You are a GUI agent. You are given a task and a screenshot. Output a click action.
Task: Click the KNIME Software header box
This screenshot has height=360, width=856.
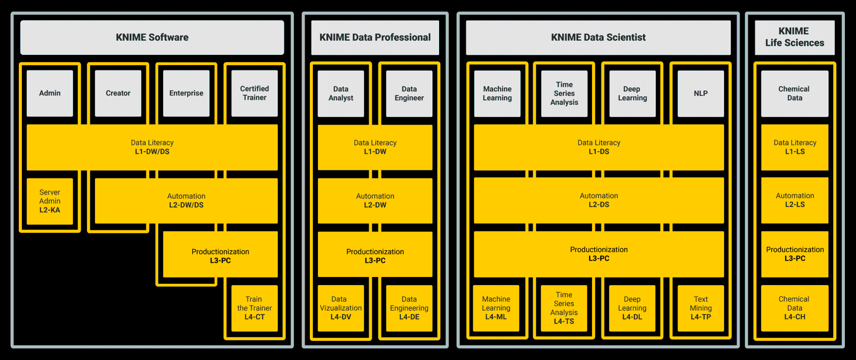tap(152, 37)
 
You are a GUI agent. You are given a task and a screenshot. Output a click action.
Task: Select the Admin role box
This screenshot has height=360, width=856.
tap(50, 93)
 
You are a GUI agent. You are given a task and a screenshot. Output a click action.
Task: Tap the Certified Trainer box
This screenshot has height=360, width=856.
tap(255, 93)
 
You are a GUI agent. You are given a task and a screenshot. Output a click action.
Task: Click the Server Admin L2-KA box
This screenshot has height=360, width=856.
tap(50, 201)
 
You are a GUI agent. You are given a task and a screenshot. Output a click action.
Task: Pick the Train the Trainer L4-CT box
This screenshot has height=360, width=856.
tap(255, 308)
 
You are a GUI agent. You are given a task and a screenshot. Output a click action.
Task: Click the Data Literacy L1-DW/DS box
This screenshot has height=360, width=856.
tap(152, 147)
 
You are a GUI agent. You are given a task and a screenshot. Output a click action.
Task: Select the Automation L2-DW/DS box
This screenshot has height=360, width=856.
tap(186, 201)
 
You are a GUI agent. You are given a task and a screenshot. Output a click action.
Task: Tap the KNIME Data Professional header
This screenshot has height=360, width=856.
tap(375, 38)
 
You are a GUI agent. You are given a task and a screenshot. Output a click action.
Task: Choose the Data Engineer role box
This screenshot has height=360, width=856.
tap(409, 93)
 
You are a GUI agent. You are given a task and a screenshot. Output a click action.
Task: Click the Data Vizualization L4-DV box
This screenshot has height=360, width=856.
tap(341, 308)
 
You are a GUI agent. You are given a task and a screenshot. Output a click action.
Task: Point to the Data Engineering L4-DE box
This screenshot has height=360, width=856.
tap(409, 308)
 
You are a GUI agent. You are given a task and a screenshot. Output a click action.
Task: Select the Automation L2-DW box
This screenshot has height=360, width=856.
tap(375, 201)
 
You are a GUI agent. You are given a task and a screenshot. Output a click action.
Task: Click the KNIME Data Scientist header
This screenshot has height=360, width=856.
tap(598, 38)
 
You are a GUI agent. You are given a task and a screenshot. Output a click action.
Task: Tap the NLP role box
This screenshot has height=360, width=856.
tap(701, 93)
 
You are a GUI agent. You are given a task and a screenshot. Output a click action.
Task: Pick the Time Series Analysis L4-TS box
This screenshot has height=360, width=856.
tap(564, 308)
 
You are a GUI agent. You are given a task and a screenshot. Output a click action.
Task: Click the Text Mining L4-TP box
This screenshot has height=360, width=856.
tap(701, 308)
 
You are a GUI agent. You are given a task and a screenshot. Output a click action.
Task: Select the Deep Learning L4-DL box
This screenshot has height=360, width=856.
tap(632, 308)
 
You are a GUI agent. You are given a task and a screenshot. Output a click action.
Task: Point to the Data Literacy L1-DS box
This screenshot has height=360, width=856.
tap(599, 147)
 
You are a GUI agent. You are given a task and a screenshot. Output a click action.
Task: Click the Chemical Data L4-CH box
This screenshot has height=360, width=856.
tap(795, 308)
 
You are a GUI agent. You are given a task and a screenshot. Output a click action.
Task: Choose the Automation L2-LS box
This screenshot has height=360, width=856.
tap(795, 200)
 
